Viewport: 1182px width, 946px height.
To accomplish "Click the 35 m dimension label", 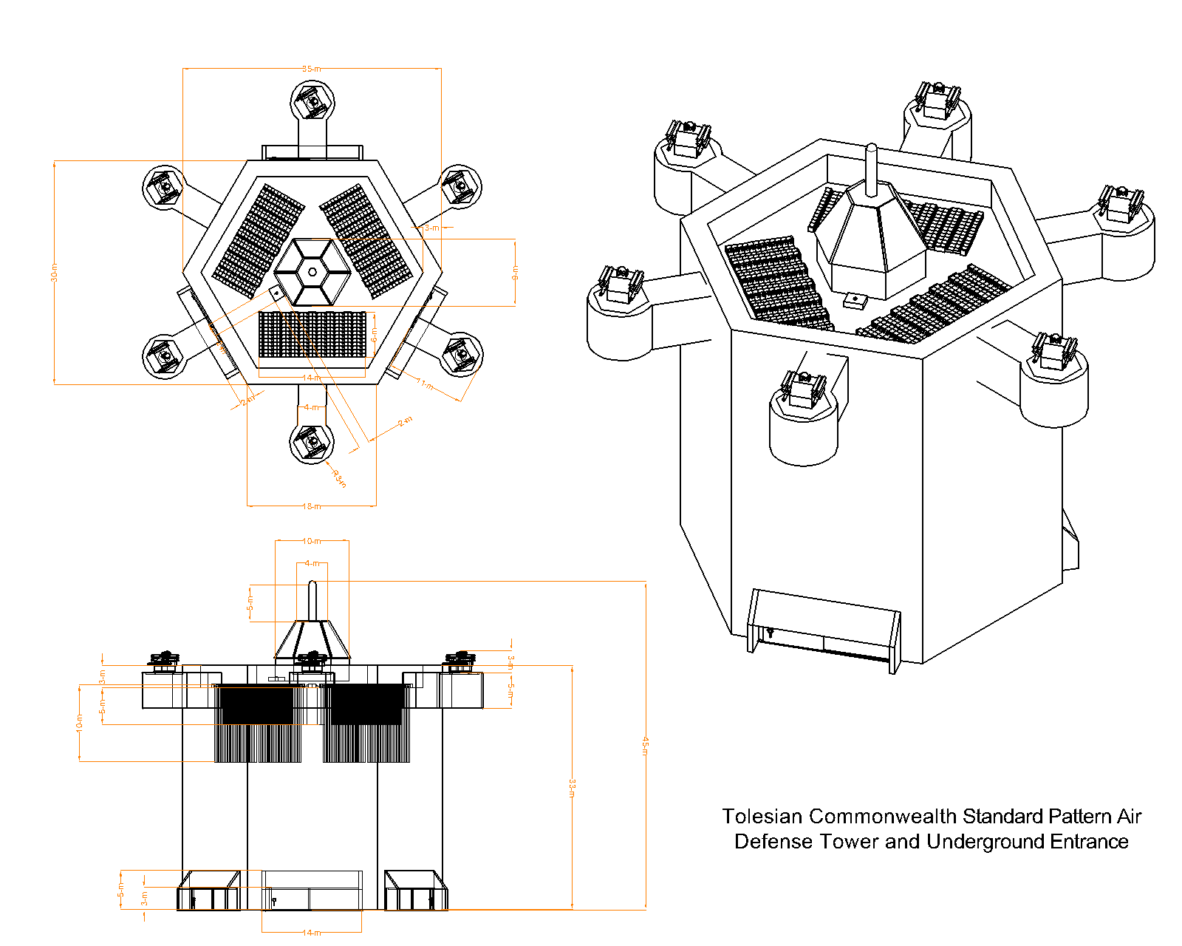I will coord(312,69).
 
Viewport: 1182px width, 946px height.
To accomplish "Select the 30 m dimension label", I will coord(54,272).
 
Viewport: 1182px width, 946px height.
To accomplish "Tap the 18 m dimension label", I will coord(311,506).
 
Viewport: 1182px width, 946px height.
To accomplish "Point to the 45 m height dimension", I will coord(645,745).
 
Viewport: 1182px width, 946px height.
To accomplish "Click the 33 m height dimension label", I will coord(572,788).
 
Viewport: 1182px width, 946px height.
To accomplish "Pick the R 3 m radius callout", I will coord(339,478).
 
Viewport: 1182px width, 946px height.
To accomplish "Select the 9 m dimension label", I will coord(515,272).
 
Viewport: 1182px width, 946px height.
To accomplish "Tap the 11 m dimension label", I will coord(427,384).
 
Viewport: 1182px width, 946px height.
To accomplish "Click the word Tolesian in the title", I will coord(762,817).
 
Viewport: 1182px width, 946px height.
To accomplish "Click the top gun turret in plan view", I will coord(312,101).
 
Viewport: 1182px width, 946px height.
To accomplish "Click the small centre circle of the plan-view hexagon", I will coord(312,272).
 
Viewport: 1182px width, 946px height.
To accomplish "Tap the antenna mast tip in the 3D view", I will coord(872,148).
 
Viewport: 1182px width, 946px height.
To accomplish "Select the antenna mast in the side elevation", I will coord(312,600).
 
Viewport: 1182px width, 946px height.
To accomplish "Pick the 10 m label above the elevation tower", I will coord(311,541).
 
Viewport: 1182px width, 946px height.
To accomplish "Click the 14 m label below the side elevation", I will coord(311,933).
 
